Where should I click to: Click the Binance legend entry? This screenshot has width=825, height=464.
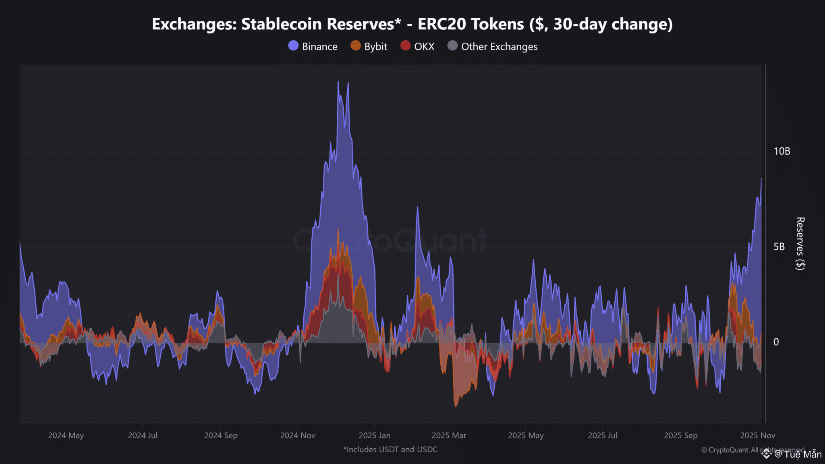pos(313,46)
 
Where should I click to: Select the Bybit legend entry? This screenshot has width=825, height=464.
pos(369,46)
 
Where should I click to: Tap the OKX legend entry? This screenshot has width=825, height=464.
pos(417,46)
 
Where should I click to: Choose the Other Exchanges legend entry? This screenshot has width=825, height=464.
pos(492,46)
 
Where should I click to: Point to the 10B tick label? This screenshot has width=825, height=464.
pos(781,151)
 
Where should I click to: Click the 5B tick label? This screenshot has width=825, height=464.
pos(779,246)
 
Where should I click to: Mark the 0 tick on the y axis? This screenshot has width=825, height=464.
pos(776,342)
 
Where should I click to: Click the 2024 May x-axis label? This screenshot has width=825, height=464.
pos(66,435)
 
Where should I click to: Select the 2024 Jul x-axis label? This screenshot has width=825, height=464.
pos(143,435)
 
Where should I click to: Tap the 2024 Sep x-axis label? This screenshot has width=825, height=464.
pos(221,435)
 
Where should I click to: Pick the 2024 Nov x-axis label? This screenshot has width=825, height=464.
pos(298,435)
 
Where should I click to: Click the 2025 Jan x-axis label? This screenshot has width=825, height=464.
pos(375,435)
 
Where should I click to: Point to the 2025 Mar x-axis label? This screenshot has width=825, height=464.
pos(449,435)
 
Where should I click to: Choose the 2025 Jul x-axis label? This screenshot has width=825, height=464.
pos(602,435)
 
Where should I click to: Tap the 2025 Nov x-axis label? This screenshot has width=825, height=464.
pos(757,435)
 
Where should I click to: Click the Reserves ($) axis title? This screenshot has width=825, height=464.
pos(800,243)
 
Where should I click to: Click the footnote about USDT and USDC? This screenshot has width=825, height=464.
pos(390,449)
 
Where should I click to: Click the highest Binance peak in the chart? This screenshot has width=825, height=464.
pos(338,81)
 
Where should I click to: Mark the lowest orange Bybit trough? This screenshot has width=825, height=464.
pos(456,406)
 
